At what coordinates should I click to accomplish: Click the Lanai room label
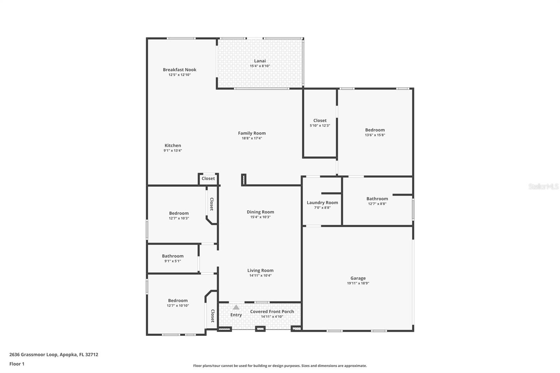pyautogui.click(x=260, y=61)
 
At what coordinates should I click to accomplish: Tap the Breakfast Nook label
pyautogui.click(x=180, y=70)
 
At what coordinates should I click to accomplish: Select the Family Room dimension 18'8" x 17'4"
pyautogui.click(x=252, y=138)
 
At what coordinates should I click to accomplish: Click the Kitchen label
pyautogui.click(x=173, y=146)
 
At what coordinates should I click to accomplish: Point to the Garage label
pyautogui.click(x=358, y=278)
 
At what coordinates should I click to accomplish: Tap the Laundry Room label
pyautogui.click(x=322, y=203)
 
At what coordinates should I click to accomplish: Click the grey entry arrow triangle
pyautogui.click(x=236, y=307)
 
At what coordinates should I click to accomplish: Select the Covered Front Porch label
pyautogui.click(x=272, y=311)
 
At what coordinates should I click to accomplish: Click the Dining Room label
pyautogui.click(x=260, y=212)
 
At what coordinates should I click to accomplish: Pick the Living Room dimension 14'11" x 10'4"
pyautogui.click(x=260, y=275)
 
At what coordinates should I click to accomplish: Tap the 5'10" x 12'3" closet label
pyautogui.click(x=320, y=121)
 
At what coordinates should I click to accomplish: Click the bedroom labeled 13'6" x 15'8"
pyautogui.click(x=375, y=130)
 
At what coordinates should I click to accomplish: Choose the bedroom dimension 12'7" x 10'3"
pyautogui.click(x=179, y=218)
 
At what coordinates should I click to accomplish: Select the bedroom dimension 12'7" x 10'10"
pyautogui.click(x=178, y=305)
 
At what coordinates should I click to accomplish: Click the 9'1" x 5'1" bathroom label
pyautogui.click(x=173, y=256)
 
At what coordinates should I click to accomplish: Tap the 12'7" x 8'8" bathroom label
pyautogui.click(x=377, y=199)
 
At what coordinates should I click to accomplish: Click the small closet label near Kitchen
pyautogui.click(x=208, y=178)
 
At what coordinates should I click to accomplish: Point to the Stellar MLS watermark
pyautogui.click(x=543, y=186)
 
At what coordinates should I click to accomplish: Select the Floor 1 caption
pyautogui.click(x=17, y=364)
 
